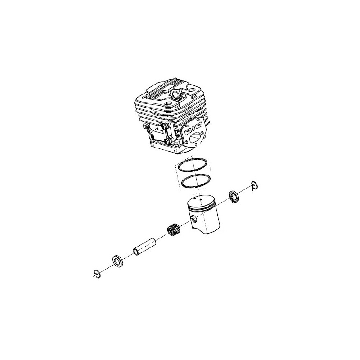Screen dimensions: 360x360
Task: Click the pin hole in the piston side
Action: (x=193, y=219)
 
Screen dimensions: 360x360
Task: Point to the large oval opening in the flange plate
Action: (x=197, y=139)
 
